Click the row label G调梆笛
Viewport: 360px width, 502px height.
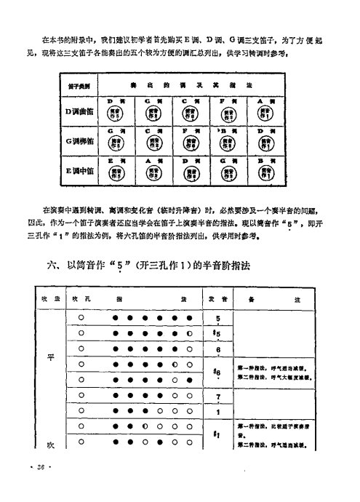[x=76, y=143]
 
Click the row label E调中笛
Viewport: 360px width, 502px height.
[x=76, y=173]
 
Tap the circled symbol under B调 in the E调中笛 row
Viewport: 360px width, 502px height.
[x=268, y=175]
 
